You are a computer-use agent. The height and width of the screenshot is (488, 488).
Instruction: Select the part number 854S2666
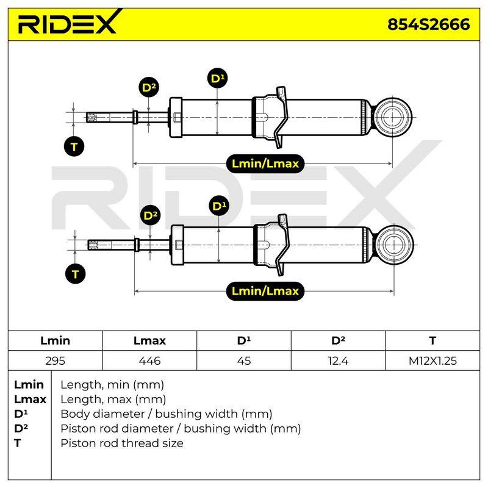pyautogui.click(x=429, y=24)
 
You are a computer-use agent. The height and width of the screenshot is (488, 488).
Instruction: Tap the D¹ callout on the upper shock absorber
pyautogui.click(x=217, y=78)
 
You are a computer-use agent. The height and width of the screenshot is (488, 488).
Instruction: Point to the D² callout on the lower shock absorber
pyautogui.click(x=151, y=215)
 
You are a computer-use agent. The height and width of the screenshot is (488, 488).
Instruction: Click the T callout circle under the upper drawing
pyautogui.click(x=74, y=146)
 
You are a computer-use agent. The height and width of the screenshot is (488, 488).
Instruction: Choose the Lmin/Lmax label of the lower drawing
pyautogui.click(x=265, y=291)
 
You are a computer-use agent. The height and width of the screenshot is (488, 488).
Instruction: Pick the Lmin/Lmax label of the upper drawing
pyautogui.click(x=265, y=163)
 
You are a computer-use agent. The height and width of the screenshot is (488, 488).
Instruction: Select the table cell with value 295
pyautogui.click(x=55, y=361)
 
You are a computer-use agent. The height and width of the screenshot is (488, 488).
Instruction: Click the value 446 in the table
pyautogui.click(x=149, y=361)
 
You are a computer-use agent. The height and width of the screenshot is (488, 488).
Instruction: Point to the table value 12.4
pyautogui.click(x=338, y=361)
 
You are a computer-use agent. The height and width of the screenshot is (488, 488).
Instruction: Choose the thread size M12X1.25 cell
pyautogui.click(x=432, y=361)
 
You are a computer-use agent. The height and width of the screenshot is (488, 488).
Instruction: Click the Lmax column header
pyautogui.click(x=149, y=340)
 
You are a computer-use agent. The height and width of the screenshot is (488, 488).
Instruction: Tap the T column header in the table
pyautogui.click(x=432, y=340)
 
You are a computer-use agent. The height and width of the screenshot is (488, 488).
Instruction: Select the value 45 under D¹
pyautogui.click(x=243, y=361)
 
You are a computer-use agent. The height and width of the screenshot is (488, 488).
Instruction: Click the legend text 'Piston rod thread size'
pyautogui.click(x=121, y=443)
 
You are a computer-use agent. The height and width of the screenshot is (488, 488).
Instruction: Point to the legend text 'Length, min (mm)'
pyautogui.click(x=112, y=385)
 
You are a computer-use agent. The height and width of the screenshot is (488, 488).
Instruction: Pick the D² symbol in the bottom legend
pyautogui.click(x=21, y=428)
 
